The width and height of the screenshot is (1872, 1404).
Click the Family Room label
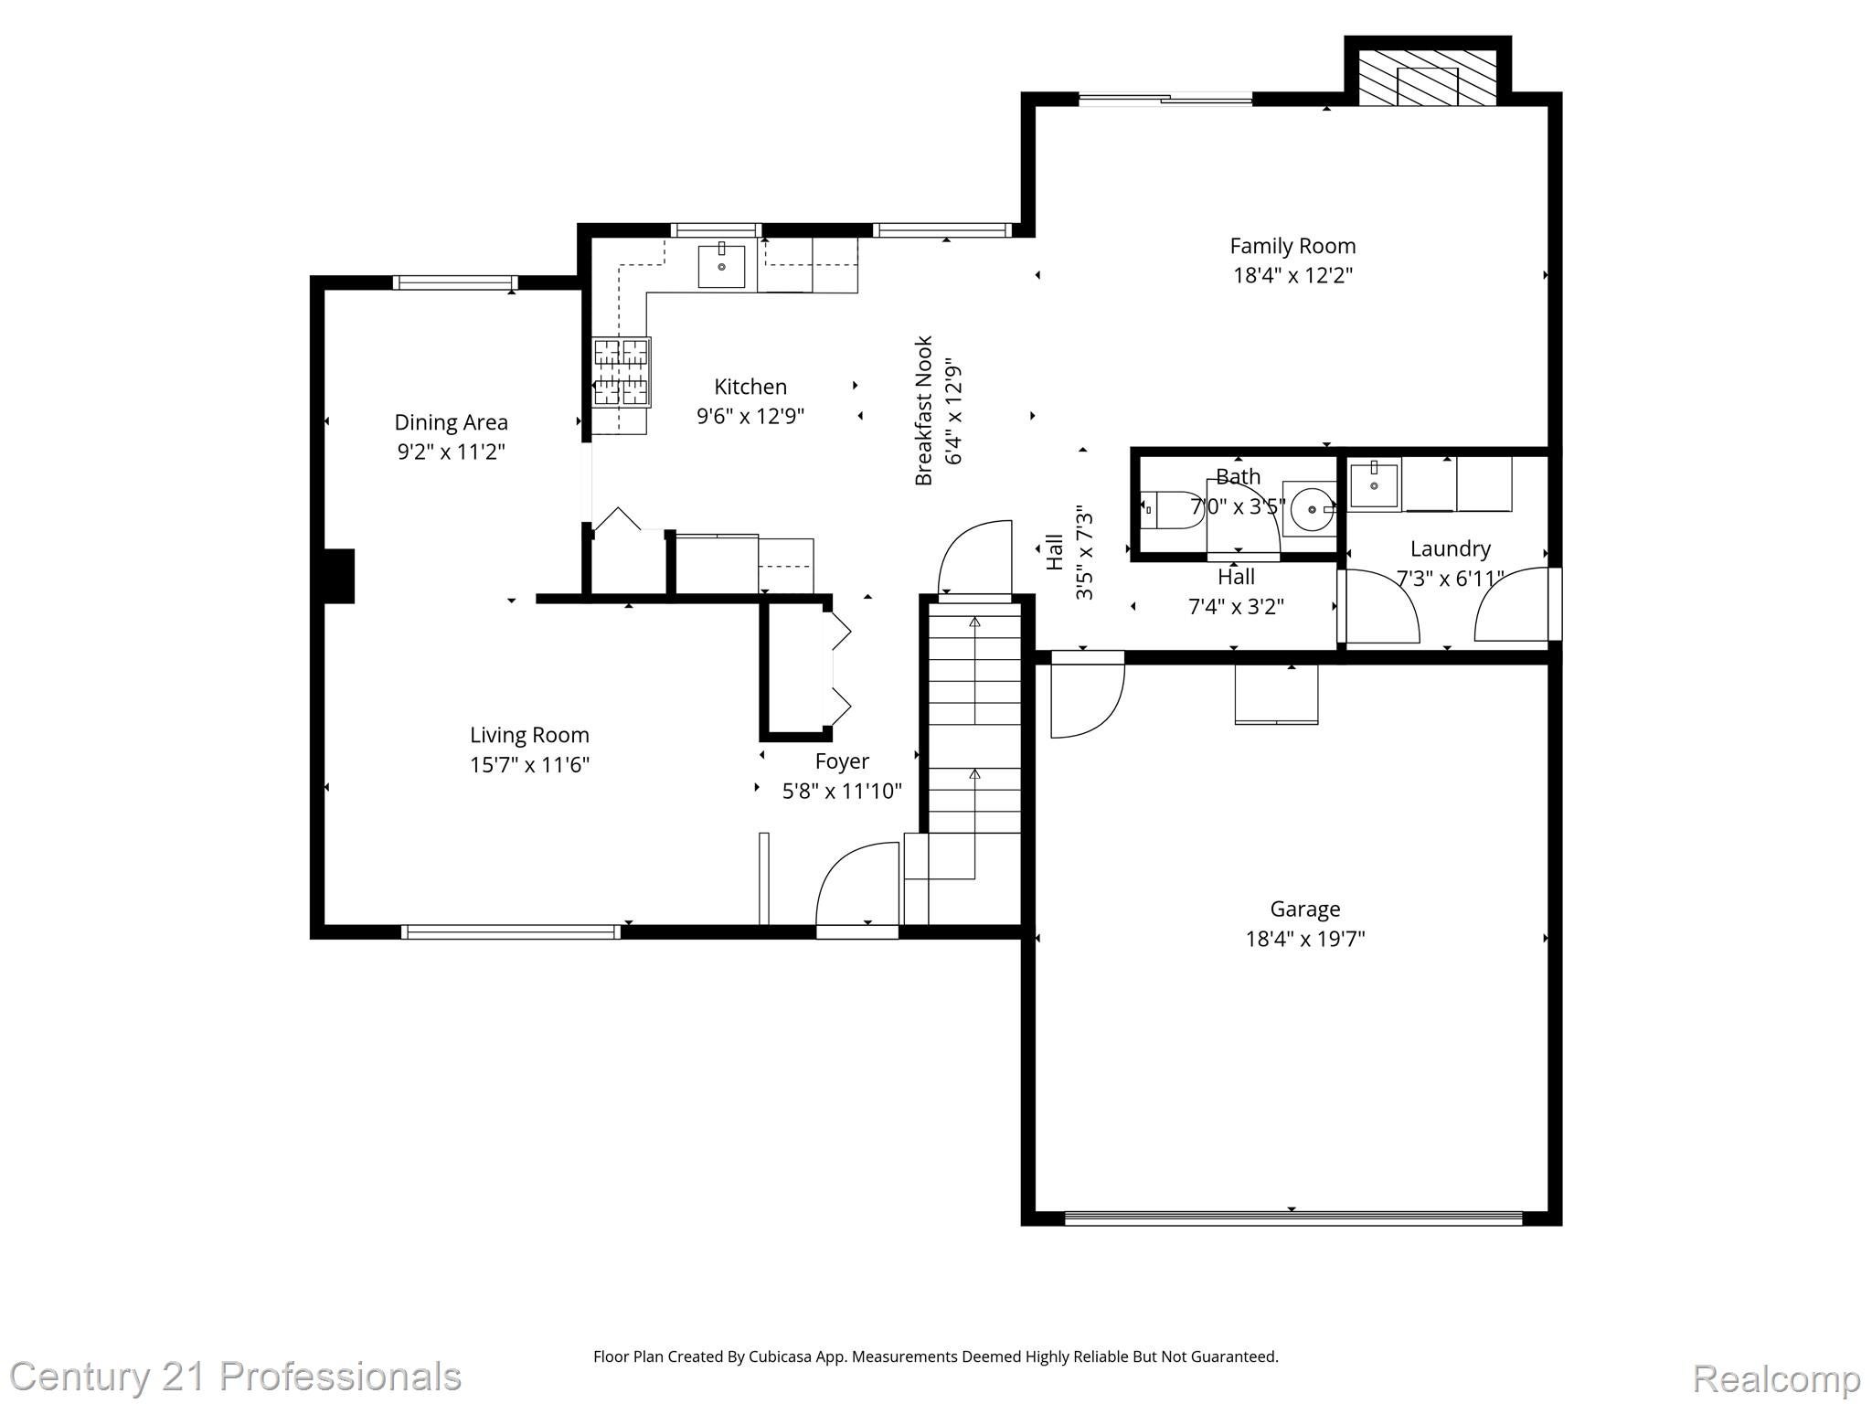click(x=1292, y=246)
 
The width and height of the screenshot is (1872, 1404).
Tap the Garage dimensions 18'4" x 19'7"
click(x=1304, y=939)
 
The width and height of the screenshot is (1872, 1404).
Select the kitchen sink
click(x=721, y=266)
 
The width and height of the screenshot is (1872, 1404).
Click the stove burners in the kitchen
click(x=622, y=372)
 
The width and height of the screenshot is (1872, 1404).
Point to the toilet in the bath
click(x=1170, y=510)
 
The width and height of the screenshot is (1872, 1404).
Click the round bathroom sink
click(x=1311, y=509)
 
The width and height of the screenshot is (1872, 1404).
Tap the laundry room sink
click(x=1374, y=485)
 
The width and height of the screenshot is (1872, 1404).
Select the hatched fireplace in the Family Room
click(x=1427, y=77)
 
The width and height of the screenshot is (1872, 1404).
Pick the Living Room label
click(x=529, y=735)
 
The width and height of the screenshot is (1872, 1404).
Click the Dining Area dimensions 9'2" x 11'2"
click(x=451, y=452)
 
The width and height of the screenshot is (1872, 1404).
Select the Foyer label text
click(x=842, y=761)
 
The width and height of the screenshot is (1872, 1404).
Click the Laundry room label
click(x=1450, y=548)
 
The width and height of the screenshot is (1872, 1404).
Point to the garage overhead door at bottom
click(x=1292, y=1217)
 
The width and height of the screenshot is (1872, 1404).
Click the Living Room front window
click(x=510, y=931)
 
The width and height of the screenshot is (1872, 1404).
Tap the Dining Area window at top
click(x=454, y=282)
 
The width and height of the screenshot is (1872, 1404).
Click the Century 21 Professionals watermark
click(x=235, y=1377)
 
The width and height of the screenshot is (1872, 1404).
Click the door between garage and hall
click(x=1087, y=695)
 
